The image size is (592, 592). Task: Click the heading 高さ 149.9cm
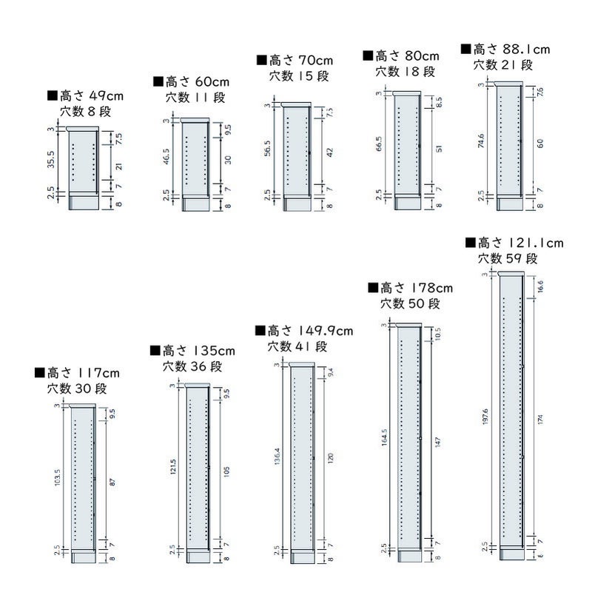pos(303,331)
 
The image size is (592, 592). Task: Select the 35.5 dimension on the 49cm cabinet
pos(51,161)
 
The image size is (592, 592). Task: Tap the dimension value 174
pos(542,419)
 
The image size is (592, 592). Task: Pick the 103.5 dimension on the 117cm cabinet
pos(58,480)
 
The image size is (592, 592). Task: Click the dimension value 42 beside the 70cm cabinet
pos(330,152)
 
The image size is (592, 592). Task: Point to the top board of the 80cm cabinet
pos(406,93)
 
